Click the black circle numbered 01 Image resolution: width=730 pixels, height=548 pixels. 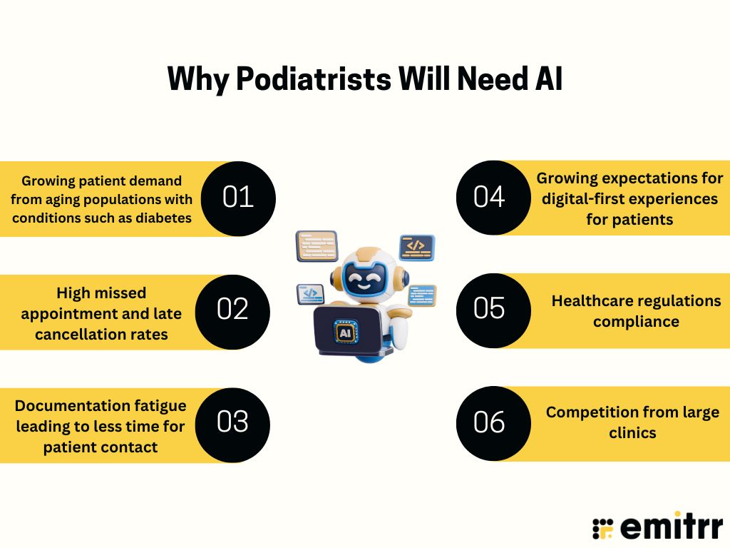click(x=238, y=198)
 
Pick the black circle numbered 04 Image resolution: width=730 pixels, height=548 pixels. click(x=490, y=198)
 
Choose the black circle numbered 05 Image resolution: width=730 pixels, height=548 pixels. click(x=490, y=309)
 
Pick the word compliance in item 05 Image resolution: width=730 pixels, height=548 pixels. click(x=636, y=321)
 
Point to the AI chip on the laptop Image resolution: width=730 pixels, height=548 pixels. click(x=346, y=333)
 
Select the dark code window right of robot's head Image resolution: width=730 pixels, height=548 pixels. click(x=417, y=246)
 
